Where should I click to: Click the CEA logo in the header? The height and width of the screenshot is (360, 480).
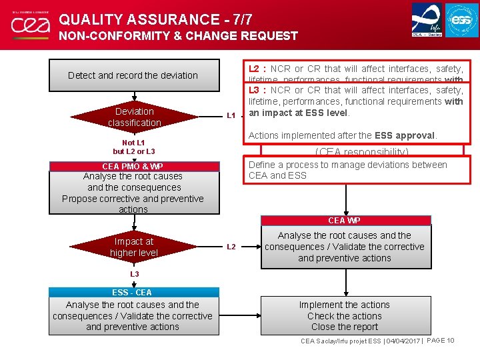tap(29, 25)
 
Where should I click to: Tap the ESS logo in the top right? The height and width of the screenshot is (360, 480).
tap(462, 20)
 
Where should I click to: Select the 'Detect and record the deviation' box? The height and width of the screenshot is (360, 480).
tap(133, 75)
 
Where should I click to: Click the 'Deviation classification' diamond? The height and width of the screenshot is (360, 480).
tap(134, 117)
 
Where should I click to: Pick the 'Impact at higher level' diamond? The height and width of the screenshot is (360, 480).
tap(134, 247)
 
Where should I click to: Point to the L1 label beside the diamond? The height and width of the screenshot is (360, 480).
tap(231, 115)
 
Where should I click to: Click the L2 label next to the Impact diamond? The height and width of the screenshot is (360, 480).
tap(231, 247)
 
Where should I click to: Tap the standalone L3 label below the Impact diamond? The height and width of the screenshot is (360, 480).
tap(134, 274)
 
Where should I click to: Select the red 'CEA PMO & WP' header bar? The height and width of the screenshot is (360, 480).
tap(133, 166)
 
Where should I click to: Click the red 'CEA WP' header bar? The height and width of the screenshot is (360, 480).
tap(345, 220)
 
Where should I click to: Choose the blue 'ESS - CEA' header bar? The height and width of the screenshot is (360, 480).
tap(133, 292)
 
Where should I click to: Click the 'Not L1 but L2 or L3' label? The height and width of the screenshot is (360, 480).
tap(133, 147)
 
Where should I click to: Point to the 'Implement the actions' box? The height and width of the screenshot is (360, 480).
tap(345, 315)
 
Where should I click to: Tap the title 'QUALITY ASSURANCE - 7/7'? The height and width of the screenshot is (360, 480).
tap(156, 20)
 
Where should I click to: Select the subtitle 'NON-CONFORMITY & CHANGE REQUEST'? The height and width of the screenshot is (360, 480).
tap(179, 36)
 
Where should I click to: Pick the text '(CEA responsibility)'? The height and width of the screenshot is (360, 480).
tap(362, 152)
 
